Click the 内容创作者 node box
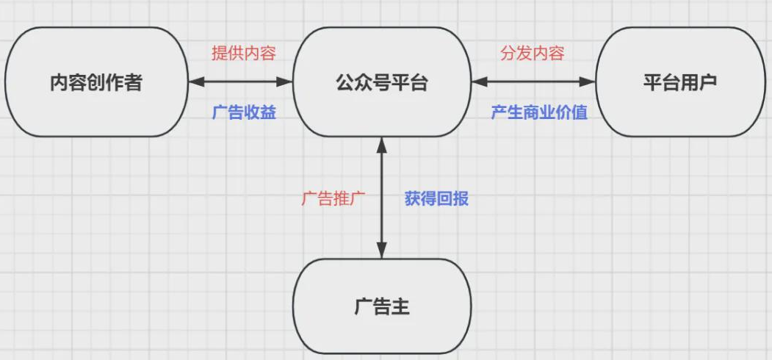click(x=95, y=82)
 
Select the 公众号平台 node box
click(x=381, y=82)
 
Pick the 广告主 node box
click(x=381, y=306)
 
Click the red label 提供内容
click(x=243, y=53)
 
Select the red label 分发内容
click(x=533, y=53)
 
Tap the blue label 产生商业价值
click(x=539, y=113)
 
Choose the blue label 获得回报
click(x=436, y=199)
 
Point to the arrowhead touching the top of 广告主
click(x=381, y=252)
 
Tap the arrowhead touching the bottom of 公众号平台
click(x=381, y=143)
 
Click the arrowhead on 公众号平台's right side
click(x=478, y=82)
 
